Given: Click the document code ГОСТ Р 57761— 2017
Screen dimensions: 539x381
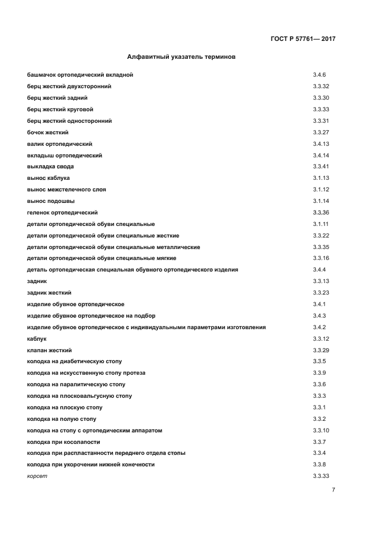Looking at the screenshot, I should (303, 39).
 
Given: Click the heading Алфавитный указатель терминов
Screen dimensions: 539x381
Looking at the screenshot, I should (180, 57).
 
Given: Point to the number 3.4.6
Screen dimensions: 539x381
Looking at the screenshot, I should (319, 75).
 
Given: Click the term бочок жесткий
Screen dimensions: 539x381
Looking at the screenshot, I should (48, 133).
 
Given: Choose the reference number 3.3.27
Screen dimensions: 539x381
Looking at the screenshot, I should (321, 133).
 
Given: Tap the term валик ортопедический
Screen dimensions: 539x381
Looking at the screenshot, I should (59, 144).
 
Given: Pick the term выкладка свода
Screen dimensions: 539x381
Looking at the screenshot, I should (50, 167).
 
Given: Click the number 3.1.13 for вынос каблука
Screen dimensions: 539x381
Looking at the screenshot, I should (321, 178).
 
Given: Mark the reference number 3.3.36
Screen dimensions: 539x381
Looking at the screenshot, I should (321, 213).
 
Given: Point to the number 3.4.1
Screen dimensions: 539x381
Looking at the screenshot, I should (319, 304).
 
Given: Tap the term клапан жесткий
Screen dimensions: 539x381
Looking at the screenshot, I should (50, 350).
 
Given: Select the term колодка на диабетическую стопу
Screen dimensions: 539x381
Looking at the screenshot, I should (74, 361).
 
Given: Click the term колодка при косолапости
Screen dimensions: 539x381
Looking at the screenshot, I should (63, 442).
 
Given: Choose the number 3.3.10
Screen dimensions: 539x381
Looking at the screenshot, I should (321, 430).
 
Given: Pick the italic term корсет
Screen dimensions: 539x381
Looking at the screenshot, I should (37, 476).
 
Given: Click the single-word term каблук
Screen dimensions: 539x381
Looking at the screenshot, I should (37, 338).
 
